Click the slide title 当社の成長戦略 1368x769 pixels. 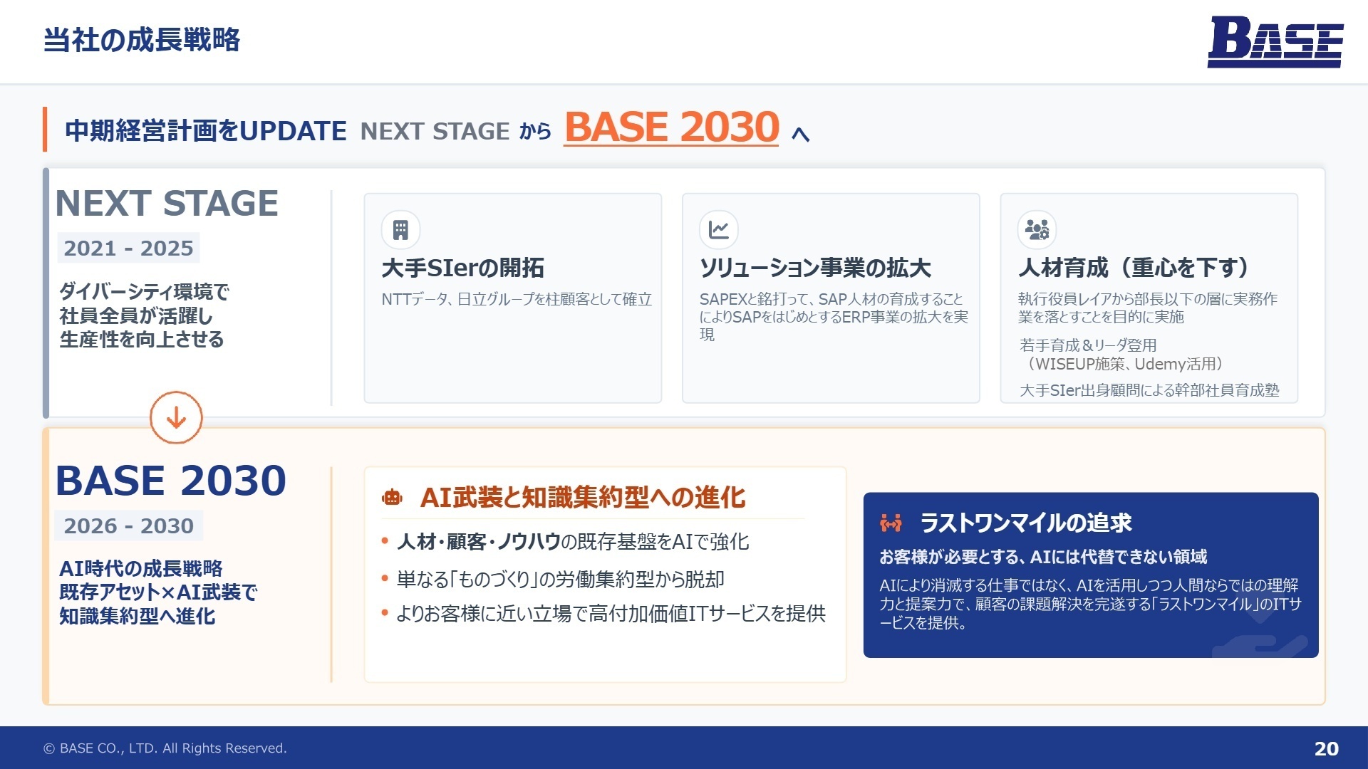[x=142, y=40]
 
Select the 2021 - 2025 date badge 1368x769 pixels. [x=128, y=248]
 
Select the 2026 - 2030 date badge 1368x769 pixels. [x=128, y=525]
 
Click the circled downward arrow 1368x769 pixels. [x=176, y=418]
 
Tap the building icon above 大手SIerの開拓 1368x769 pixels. [x=400, y=230]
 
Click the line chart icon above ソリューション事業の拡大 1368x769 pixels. [x=718, y=230]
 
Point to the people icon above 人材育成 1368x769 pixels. [x=1037, y=230]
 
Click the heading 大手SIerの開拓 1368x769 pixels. [x=462, y=268]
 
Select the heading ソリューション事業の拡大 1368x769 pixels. [x=815, y=268]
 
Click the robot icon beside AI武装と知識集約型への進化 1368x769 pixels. [x=392, y=497]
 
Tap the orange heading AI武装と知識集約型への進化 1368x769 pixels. [x=582, y=497]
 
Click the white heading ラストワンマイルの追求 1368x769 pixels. [x=1025, y=523]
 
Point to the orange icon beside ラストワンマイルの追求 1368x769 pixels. [x=891, y=523]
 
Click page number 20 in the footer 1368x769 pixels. [x=1326, y=748]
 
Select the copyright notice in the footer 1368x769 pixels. [x=165, y=748]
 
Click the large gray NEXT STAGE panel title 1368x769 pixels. [x=167, y=204]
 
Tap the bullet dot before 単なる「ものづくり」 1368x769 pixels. [x=385, y=579]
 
